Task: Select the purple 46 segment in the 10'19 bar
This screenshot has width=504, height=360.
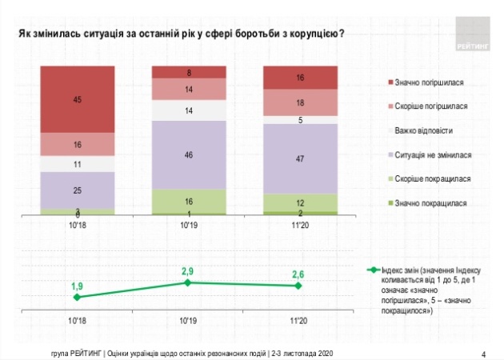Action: [x=188, y=154]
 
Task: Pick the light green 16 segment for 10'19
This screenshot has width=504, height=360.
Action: [x=188, y=201]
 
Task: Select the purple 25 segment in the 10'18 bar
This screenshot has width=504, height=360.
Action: [x=78, y=190]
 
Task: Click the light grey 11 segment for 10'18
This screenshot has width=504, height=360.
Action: [x=78, y=163]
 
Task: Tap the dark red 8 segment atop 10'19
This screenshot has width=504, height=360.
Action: [x=188, y=73]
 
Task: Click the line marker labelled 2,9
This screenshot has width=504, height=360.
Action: [x=188, y=282]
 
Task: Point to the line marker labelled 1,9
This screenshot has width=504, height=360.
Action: [x=78, y=297]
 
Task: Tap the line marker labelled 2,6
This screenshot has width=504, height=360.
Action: [x=298, y=286]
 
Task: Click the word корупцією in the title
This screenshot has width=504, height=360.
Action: [x=315, y=34]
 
